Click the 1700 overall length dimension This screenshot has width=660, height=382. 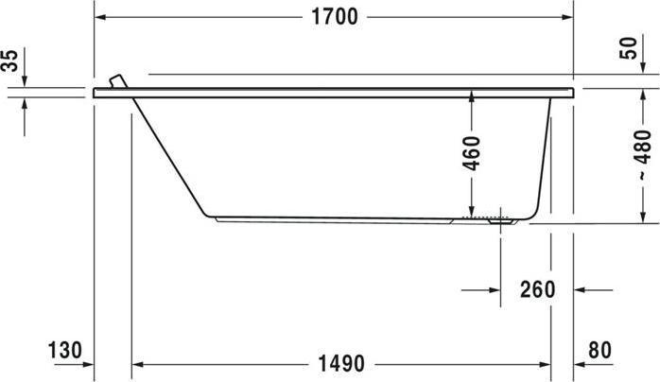click(x=336, y=17)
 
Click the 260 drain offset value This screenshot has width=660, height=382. click(x=536, y=289)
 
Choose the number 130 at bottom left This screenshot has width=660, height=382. click(x=64, y=350)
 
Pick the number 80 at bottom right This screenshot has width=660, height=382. click(x=599, y=350)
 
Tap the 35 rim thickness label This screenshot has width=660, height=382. click(x=9, y=62)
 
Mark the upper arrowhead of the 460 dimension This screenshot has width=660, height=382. click(x=471, y=96)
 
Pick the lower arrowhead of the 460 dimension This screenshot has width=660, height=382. click(x=471, y=210)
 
